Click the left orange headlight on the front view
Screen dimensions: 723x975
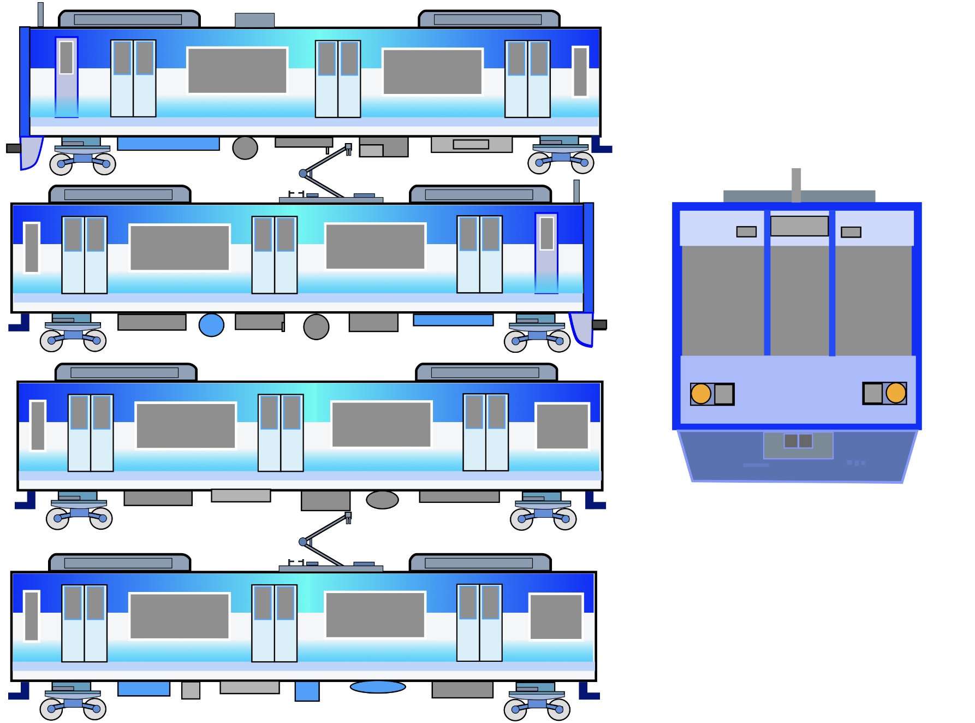point(701,394)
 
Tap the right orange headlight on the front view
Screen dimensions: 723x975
point(896,393)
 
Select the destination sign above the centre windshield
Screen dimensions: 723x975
point(799,226)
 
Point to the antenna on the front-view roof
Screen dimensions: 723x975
point(796,185)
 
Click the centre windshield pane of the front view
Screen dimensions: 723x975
point(800,300)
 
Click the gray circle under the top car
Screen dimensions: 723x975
point(245,148)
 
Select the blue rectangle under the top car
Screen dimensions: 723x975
point(169,144)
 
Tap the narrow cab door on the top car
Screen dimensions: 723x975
point(67,77)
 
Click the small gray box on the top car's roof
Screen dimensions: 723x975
point(254,20)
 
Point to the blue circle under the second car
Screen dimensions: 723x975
point(211,325)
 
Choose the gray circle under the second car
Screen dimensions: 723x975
point(316,327)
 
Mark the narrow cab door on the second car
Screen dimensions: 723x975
point(546,253)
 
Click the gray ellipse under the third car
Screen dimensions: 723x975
point(382,500)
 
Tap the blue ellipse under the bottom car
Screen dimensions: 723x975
point(378,687)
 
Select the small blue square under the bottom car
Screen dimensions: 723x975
point(307,691)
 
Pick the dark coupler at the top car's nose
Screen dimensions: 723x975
point(13,149)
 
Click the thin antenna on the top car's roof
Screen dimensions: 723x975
point(40,15)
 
